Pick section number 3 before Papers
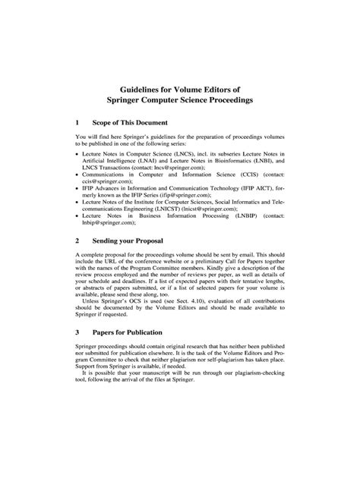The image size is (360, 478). (x=78, y=354)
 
